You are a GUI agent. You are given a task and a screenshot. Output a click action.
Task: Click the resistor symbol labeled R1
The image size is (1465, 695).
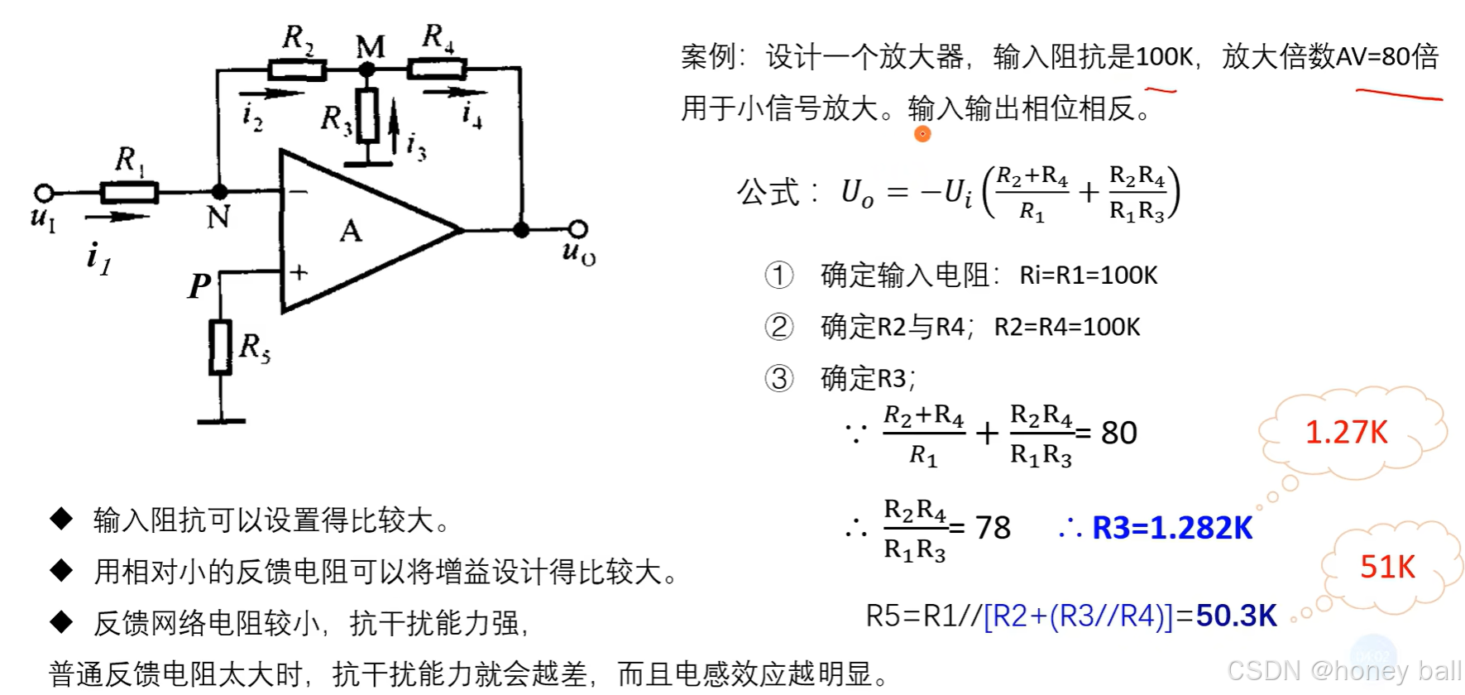(128, 193)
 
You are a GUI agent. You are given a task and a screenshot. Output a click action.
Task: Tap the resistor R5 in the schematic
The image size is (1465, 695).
(220, 347)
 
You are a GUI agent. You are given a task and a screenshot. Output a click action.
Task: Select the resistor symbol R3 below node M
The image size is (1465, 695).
(367, 116)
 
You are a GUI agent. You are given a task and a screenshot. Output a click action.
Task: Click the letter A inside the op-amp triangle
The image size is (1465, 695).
(351, 231)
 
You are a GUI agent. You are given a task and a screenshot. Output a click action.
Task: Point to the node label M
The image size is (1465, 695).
(370, 47)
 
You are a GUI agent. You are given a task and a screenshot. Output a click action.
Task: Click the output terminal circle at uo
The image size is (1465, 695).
(578, 229)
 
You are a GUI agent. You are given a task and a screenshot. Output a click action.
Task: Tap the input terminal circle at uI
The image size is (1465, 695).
(44, 193)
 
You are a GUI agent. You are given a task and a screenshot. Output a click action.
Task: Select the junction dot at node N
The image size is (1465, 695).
(219, 192)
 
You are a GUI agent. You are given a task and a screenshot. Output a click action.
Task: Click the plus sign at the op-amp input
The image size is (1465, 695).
(299, 271)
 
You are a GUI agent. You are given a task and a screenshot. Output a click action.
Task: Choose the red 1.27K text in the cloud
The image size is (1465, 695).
(1346, 432)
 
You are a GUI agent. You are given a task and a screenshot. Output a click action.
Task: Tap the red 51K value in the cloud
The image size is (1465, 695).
(1387, 567)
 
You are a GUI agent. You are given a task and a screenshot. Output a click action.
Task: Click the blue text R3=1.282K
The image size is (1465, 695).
(1171, 528)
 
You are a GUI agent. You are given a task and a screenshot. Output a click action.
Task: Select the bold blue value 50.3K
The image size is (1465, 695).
(1236, 616)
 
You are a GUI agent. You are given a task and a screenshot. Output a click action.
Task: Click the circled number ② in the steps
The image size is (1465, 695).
(778, 327)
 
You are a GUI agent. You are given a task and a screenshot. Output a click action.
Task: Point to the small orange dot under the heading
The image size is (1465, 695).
(922, 134)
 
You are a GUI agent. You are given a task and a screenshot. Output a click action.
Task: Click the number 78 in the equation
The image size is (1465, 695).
(993, 528)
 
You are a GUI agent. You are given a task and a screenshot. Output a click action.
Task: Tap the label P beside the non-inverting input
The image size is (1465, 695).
(199, 286)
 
